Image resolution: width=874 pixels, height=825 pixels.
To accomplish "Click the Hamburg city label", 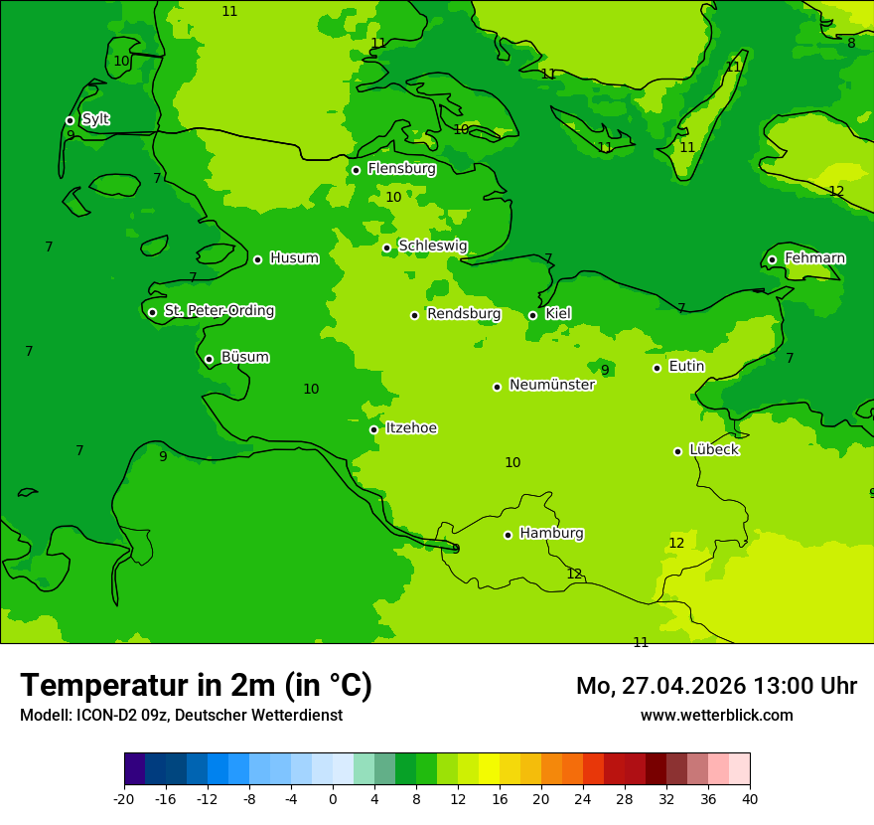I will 551,534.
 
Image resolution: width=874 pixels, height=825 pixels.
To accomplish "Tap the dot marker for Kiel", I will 532,315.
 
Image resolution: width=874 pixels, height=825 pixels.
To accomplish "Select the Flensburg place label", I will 401,169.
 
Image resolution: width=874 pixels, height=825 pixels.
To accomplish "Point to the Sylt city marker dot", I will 70,120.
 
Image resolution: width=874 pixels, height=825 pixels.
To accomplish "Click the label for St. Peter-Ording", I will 218,311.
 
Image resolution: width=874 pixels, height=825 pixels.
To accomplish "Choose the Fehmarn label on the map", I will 814,258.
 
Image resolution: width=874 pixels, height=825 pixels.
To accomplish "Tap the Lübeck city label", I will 713,450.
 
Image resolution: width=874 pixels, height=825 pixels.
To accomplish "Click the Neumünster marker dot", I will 497,387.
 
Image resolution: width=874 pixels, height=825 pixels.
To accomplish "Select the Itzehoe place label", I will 411,428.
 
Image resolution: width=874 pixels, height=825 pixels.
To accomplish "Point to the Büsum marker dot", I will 209,359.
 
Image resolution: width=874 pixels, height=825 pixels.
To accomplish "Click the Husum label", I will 294,258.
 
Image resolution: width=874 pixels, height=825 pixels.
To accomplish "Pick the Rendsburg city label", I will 463,314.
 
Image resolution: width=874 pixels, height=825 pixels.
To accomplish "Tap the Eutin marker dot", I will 656,368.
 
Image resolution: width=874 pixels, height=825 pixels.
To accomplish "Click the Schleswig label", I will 432,246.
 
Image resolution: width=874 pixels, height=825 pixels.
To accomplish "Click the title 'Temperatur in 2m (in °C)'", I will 196,685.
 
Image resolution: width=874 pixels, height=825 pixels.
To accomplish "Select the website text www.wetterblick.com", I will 716,715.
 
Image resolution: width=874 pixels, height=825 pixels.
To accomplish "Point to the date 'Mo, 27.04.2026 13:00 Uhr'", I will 716,686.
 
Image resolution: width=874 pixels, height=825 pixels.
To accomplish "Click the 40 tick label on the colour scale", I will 750,799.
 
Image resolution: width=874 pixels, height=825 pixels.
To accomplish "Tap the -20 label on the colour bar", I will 124,799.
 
